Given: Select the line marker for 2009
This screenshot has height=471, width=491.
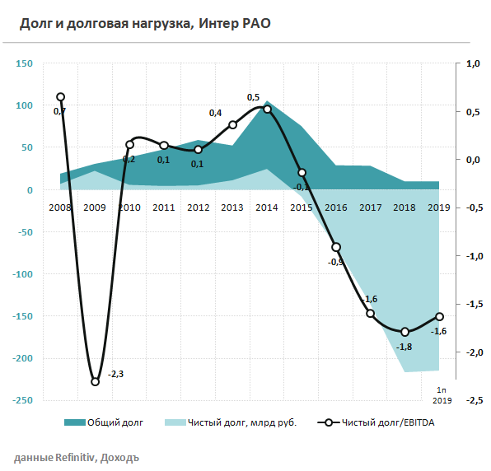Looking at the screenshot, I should (x=95, y=381).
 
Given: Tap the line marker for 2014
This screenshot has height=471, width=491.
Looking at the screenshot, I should (x=267, y=109).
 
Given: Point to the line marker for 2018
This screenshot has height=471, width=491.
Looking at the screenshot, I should (x=404, y=332).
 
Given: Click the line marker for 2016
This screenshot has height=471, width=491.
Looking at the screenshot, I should (x=336, y=247).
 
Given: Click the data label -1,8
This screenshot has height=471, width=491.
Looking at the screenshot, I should (x=404, y=347).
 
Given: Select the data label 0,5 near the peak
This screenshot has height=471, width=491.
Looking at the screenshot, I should (x=254, y=97).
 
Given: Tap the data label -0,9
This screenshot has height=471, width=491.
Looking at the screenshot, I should (x=336, y=262).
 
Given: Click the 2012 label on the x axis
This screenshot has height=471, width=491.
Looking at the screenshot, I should (x=198, y=208).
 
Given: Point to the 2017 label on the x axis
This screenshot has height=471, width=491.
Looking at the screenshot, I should (x=370, y=208).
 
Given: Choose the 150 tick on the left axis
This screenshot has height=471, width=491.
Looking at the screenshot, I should (x=25, y=63).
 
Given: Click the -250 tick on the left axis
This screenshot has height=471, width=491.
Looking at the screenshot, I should (x=22, y=400).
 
